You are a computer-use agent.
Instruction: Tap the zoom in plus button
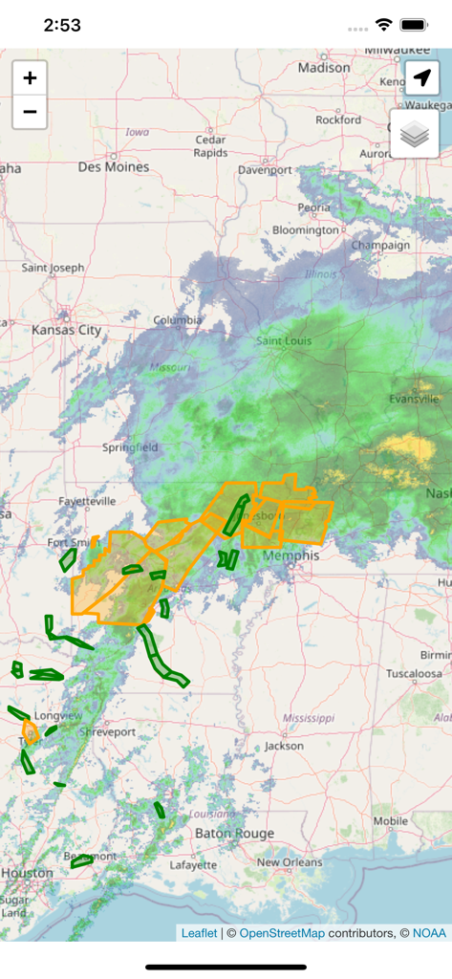pos(30,78)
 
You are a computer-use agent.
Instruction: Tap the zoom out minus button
pos(30,112)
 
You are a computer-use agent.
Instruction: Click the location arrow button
pos(421,79)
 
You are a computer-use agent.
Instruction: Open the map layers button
pos(414,135)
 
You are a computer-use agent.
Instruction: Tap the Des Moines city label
pos(114,166)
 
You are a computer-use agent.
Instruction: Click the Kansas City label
pos(66,330)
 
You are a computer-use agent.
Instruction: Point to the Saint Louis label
pos(285,341)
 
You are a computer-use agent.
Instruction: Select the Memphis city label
pos(293,555)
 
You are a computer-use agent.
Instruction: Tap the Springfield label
pos(130,446)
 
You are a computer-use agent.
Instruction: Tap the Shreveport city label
pos(107,731)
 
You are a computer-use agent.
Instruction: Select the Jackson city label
pos(284,745)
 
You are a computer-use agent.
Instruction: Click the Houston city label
pos(27,873)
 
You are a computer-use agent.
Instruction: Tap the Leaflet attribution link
pos(199,933)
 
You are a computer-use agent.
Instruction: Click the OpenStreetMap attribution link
pos(282,933)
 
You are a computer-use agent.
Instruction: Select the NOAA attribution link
pos(429,933)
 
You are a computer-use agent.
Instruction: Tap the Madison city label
pos(324,68)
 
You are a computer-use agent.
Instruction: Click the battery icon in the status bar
pos(413,25)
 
